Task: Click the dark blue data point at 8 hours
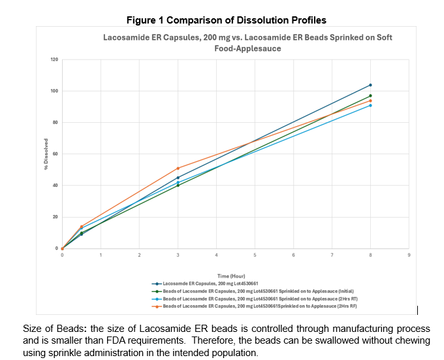point(370,85)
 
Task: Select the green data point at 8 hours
point(370,96)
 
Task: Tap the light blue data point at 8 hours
point(370,105)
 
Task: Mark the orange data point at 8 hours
point(370,101)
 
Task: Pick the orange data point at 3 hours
point(178,169)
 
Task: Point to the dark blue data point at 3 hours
point(178,178)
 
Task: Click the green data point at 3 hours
point(178,186)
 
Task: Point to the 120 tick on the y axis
point(54,59)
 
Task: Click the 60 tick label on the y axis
point(55,154)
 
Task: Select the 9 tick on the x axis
point(409,255)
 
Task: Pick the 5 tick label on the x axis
point(255,255)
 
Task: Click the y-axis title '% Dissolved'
point(46,154)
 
